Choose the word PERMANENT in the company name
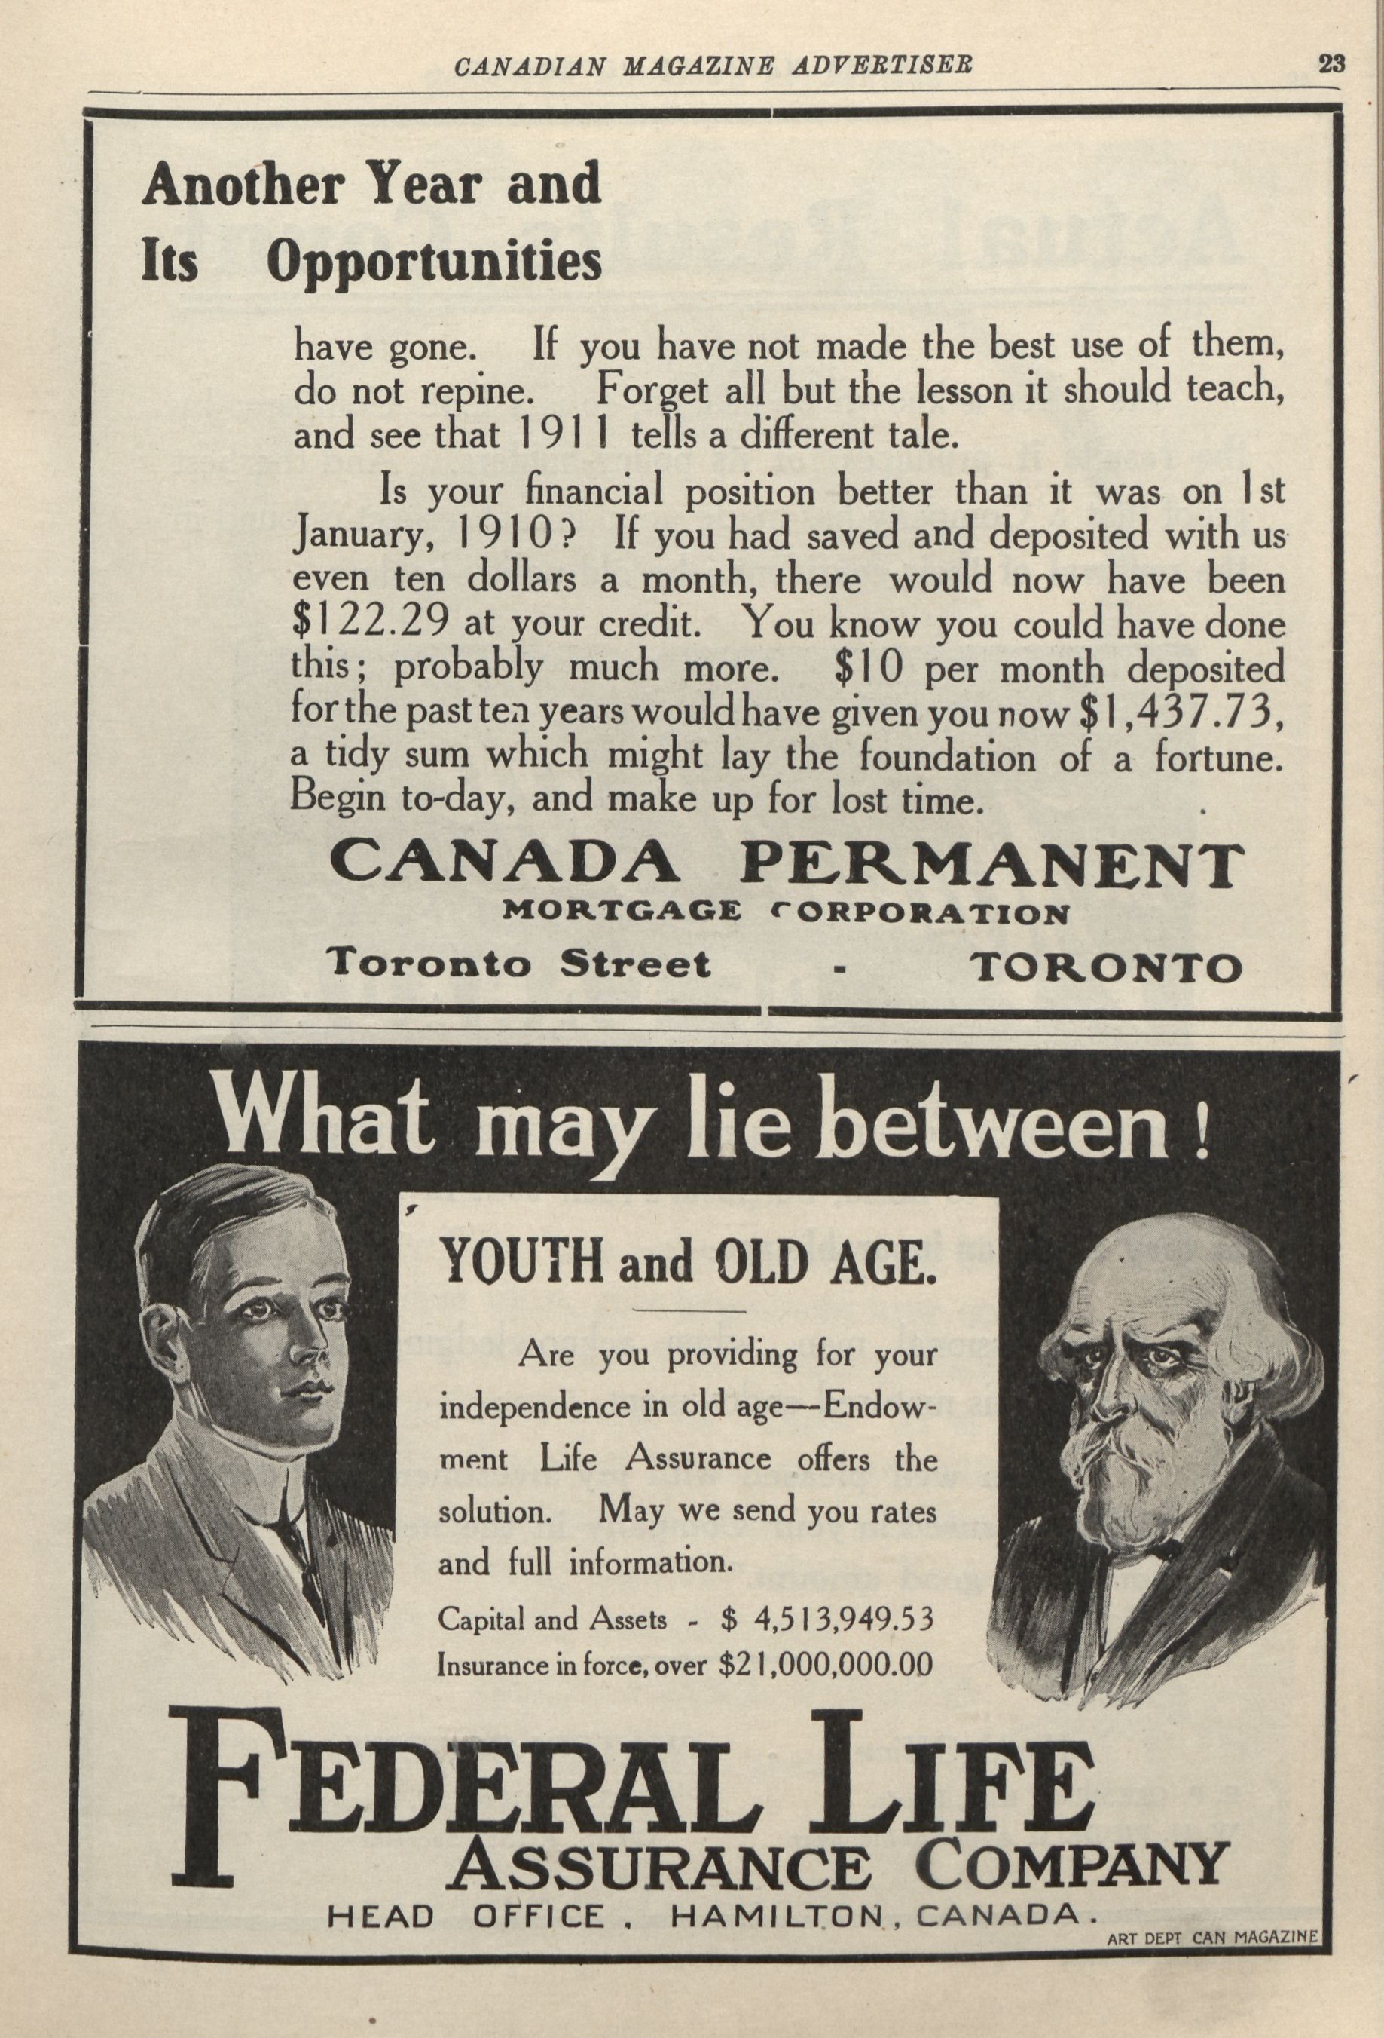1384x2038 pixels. [991, 865]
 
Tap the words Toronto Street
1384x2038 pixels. [517, 964]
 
